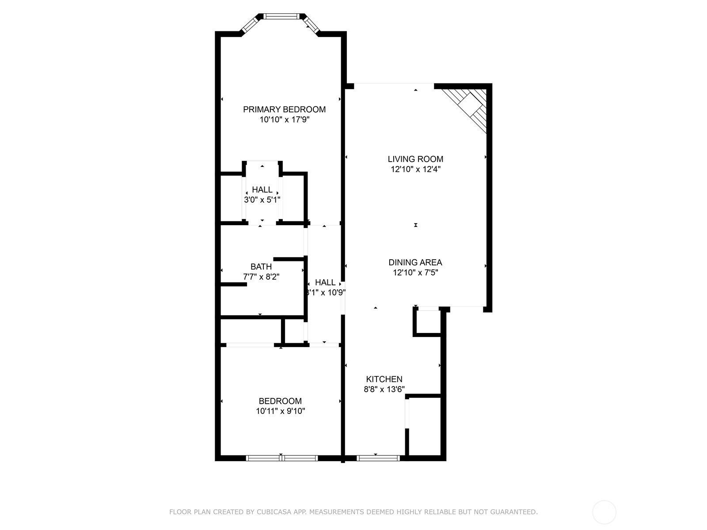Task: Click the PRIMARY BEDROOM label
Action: click(x=284, y=110)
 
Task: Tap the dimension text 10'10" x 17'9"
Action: click(x=284, y=120)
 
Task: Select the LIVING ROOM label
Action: click(x=415, y=159)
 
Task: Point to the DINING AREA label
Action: click(x=415, y=262)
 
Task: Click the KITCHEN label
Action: click(x=384, y=379)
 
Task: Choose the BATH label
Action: click(x=261, y=267)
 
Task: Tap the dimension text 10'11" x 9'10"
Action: click(x=280, y=411)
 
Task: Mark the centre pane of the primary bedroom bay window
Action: click(x=281, y=17)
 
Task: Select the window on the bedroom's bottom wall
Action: click(x=281, y=458)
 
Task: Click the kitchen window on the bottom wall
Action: click(x=378, y=458)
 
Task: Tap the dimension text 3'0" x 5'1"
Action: click(x=262, y=200)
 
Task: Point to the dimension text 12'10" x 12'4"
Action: click(x=415, y=169)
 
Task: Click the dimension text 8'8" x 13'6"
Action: click(x=384, y=390)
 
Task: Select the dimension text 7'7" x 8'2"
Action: click(x=261, y=277)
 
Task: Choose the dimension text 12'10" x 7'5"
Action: click(x=415, y=273)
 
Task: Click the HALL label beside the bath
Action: click(x=325, y=282)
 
